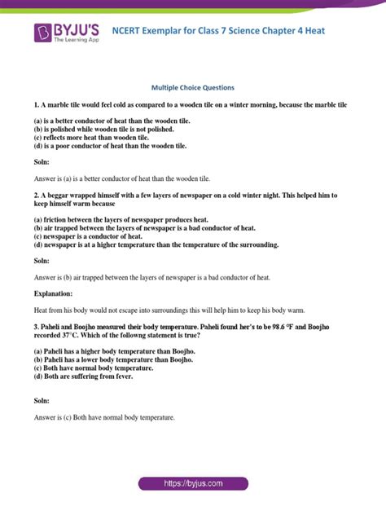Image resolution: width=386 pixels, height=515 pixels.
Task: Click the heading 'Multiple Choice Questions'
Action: click(x=193, y=86)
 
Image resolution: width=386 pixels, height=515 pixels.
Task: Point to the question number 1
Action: click(x=37, y=106)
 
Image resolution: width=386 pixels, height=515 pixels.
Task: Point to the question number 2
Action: click(x=37, y=196)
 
